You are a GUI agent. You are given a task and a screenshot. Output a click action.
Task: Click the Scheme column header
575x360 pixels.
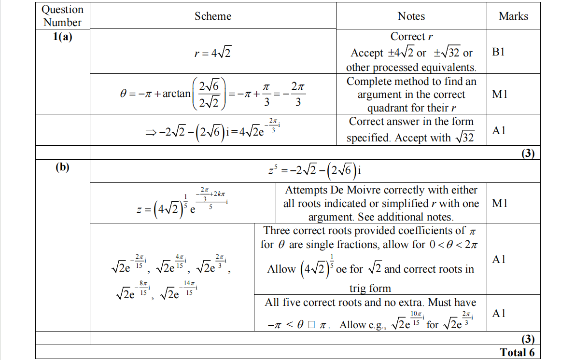click(213, 16)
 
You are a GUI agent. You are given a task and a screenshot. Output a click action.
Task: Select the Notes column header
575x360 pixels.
click(411, 16)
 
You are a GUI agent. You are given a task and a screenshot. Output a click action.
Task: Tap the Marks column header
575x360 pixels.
click(513, 16)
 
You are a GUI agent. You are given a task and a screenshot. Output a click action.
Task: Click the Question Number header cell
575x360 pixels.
click(62, 16)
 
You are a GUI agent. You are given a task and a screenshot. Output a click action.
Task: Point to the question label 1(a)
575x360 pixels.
click(62, 37)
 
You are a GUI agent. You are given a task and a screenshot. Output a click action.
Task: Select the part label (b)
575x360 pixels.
click(62, 167)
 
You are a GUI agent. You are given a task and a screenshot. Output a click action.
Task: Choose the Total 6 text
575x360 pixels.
click(517, 352)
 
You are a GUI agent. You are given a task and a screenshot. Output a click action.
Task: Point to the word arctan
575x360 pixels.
click(177, 94)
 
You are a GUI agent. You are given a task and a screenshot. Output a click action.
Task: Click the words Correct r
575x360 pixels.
click(408, 37)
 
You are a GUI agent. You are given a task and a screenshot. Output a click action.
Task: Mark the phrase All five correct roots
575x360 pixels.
click(318, 303)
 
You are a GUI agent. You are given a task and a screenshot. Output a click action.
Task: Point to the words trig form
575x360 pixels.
click(370, 289)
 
